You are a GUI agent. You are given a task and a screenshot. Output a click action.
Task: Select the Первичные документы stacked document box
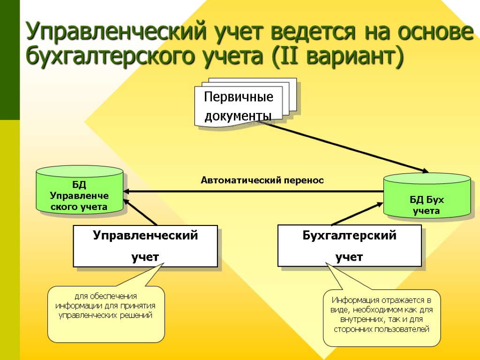click(x=239, y=106)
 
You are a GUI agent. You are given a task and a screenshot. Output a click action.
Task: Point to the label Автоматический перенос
click(x=262, y=180)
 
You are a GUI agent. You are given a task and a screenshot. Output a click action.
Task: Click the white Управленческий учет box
click(x=145, y=246)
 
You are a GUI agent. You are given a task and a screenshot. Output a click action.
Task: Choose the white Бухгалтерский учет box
click(x=349, y=246)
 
